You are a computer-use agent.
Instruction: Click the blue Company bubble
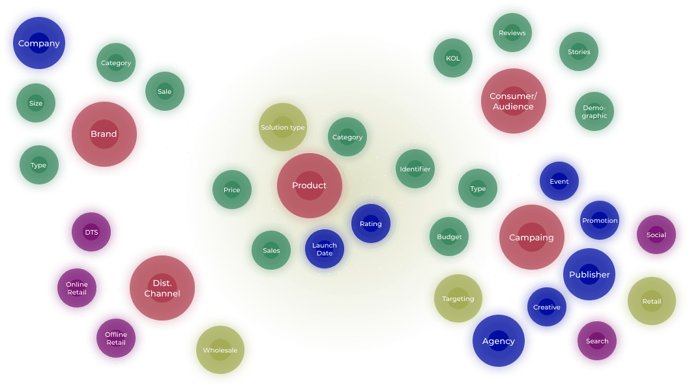[38, 44]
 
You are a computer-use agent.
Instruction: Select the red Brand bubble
[104, 134]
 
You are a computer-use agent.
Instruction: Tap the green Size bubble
[36, 104]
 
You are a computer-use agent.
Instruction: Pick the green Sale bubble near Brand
[164, 92]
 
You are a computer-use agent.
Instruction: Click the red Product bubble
[309, 186]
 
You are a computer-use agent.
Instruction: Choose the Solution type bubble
[283, 128]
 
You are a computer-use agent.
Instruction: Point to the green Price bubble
[231, 190]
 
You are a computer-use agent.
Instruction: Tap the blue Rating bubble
[370, 224]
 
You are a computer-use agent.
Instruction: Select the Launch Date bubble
[324, 249]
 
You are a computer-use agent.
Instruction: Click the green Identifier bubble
[415, 169]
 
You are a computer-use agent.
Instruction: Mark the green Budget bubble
[449, 237]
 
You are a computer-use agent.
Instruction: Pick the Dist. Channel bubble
[162, 288]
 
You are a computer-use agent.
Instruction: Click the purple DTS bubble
[91, 232]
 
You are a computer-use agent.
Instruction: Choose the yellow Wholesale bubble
[220, 350]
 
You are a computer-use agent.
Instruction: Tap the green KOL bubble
[453, 58]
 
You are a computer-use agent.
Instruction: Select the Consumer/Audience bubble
[513, 101]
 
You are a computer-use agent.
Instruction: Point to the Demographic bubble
[594, 111]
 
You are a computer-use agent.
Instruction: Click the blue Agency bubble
[498, 341]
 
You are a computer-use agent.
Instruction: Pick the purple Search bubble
[596, 341]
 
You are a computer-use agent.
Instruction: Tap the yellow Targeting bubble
[458, 299]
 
